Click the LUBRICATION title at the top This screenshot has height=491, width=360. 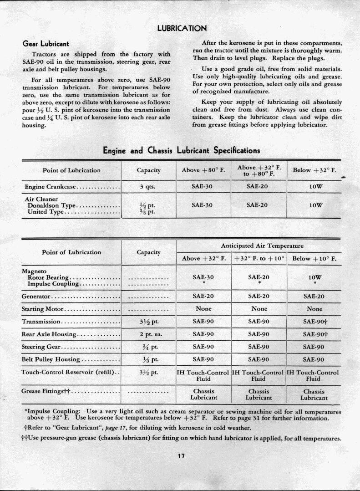182,28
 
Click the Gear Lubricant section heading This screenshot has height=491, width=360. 46,44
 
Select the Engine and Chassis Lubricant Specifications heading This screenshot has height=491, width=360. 182,150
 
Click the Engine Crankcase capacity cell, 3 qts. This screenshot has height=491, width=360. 148,186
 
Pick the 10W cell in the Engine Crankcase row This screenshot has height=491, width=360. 314,186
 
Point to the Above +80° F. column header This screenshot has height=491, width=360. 203,170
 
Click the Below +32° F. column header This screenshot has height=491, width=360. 314,170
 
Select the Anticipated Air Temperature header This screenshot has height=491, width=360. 259,245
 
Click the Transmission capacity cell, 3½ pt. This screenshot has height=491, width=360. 148,322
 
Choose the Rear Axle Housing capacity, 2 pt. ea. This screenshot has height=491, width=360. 148,334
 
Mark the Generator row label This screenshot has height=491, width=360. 36,296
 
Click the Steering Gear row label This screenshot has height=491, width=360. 41,347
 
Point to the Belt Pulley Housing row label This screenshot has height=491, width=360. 51,359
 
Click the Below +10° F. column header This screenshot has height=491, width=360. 314,259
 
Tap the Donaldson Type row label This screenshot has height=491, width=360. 50,205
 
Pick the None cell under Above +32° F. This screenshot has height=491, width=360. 203,309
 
